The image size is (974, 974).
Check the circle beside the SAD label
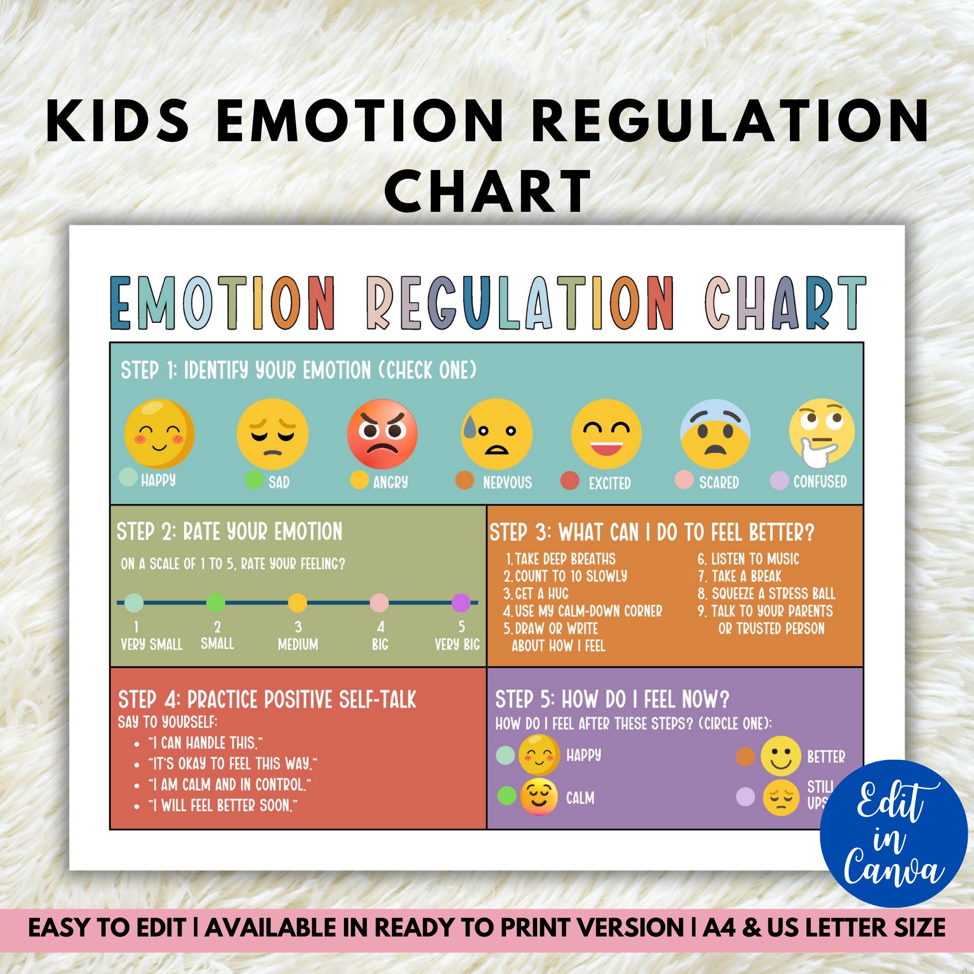point(254,480)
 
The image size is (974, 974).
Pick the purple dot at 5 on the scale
point(461,602)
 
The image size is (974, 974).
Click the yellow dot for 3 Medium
point(298,602)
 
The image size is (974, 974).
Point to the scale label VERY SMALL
point(152,644)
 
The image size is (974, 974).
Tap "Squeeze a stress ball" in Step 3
point(773,593)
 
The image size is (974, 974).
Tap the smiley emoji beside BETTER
point(780,757)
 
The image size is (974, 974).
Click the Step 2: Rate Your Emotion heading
point(229,532)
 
